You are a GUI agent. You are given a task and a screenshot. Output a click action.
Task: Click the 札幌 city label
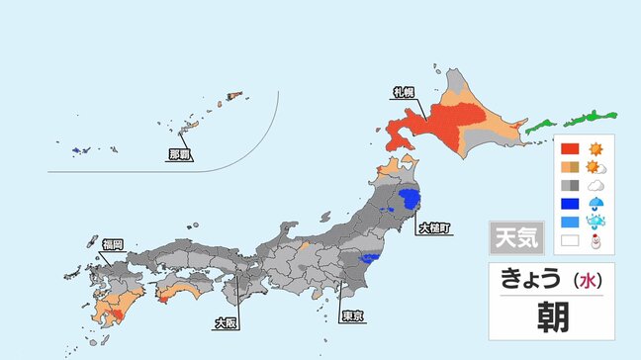tap(403, 92)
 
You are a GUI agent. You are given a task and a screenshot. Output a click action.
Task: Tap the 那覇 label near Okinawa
tap(179, 154)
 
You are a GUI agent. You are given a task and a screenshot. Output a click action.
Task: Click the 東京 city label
tap(351, 315)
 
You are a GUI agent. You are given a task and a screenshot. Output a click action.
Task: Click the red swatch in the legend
tap(569, 148)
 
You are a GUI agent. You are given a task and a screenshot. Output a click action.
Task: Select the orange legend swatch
tap(569, 166)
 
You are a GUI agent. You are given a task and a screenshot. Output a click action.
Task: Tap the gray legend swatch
tap(569, 184)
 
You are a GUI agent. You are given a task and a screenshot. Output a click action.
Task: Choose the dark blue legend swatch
tap(569, 203)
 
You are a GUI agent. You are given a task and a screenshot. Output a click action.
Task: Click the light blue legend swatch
tap(569, 221)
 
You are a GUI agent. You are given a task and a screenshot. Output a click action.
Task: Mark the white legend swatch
tap(569, 239)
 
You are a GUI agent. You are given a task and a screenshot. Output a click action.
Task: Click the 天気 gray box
tap(516, 238)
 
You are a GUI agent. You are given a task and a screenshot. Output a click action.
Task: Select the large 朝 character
tap(551, 319)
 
